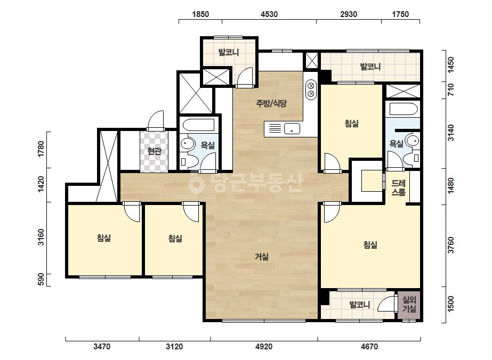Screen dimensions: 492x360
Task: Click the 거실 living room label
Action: tap(261, 257)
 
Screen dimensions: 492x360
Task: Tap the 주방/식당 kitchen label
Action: tap(271, 103)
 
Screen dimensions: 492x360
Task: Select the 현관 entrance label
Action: tap(155, 151)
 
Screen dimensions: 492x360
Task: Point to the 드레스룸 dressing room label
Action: tap(399, 187)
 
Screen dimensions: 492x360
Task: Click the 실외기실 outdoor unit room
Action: tap(409, 305)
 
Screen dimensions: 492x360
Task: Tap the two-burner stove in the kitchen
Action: tap(311, 89)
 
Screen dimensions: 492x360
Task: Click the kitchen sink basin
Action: tap(292, 128)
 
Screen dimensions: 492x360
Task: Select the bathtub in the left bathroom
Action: tap(198, 125)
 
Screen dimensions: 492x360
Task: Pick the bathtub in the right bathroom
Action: tap(404, 109)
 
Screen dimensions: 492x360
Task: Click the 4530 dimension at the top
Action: tap(269, 14)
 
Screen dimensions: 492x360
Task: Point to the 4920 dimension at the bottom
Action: tap(264, 347)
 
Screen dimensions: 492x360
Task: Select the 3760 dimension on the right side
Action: tap(450, 245)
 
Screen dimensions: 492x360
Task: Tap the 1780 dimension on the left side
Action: tap(41, 150)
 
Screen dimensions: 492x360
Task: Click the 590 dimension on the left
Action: tap(41, 280)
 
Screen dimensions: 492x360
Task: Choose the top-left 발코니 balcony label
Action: tap(229, 52)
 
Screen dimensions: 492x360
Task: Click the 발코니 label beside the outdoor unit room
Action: tap(360, 305)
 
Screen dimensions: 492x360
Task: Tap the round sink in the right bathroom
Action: tap(412, 141)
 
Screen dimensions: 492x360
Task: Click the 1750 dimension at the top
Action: tap(400, 14)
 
